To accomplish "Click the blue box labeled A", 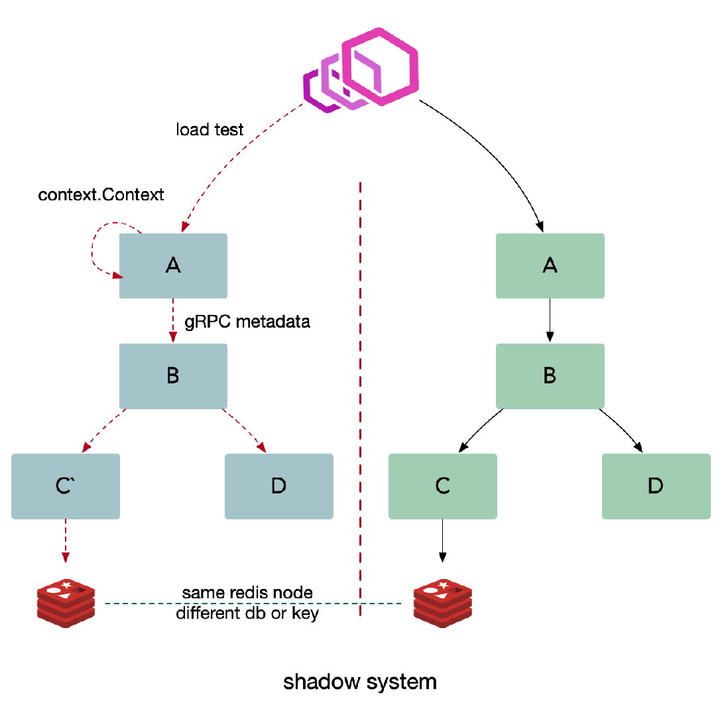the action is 173,266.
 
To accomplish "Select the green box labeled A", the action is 550,266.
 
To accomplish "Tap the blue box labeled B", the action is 173,376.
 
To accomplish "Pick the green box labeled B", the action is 550,376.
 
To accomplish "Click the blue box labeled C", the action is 66,486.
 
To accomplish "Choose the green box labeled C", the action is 442,486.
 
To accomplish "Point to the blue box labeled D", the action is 279,486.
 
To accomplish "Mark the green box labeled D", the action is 656,486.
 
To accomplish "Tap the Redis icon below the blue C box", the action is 66,604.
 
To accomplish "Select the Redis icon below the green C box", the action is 442,604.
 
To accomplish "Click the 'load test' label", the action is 210,129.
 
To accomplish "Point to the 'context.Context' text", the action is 101,194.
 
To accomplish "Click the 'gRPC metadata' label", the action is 247,322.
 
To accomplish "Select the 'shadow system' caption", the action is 359,682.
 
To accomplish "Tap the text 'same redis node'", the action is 247,593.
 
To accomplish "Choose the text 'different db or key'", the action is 247,614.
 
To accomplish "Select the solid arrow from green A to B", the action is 550,320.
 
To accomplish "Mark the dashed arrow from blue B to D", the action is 245,430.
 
